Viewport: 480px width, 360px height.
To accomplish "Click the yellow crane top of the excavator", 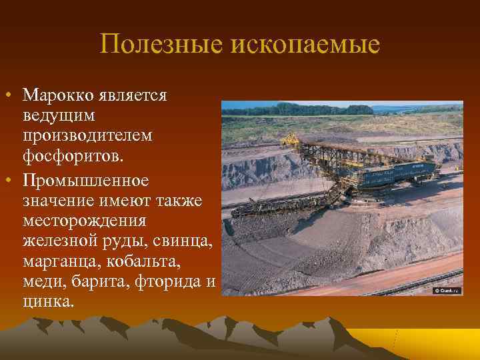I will click(291, 139).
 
